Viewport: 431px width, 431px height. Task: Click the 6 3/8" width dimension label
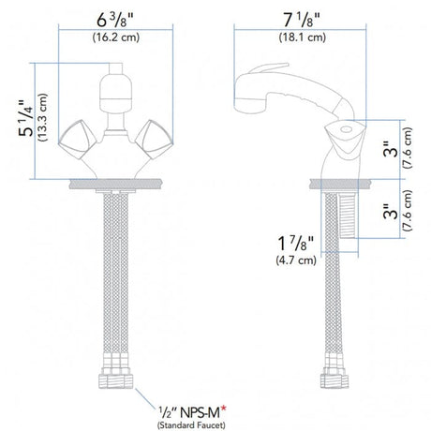click(115, 21)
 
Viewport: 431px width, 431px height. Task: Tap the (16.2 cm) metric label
click(116, 37)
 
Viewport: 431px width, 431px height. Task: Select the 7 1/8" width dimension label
click(302, 21)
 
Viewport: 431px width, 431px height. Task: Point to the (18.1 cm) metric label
click(303, 37)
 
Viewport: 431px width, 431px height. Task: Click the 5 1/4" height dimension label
click(26, 118)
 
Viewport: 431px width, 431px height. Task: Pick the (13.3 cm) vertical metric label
click(43, 118)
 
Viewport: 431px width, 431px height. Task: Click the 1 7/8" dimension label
click(295, 244)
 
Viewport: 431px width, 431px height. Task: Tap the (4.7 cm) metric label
click(296, 260)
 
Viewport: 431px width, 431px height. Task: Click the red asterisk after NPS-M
click(224, 409)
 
